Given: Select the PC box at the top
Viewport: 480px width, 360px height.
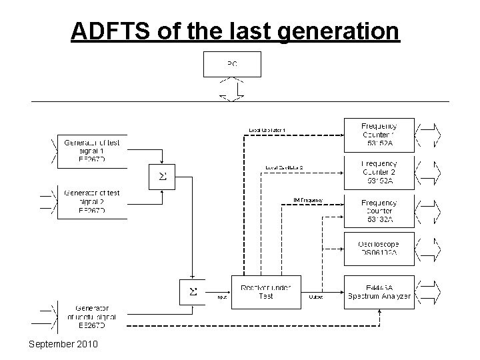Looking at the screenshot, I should [x=232, y=65].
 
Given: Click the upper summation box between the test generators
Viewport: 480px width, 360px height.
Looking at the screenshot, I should [x=162, y=176].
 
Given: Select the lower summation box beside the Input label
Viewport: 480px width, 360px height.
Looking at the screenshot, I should [x=193, y=291].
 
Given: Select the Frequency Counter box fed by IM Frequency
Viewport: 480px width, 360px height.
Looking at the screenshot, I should [x=379, y=211].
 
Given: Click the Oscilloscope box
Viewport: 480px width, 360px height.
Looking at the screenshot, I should [x=379, y=249].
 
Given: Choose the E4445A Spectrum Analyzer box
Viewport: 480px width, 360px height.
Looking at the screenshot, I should [x=379, y=291].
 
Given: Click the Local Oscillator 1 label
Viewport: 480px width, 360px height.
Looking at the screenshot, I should [x=267, y=129].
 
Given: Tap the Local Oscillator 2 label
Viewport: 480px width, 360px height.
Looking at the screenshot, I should [x=284, y=167].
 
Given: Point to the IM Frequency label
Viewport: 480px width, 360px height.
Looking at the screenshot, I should [x=308, y=199].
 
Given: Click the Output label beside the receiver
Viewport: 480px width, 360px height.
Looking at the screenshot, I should [x=316, y=297].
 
